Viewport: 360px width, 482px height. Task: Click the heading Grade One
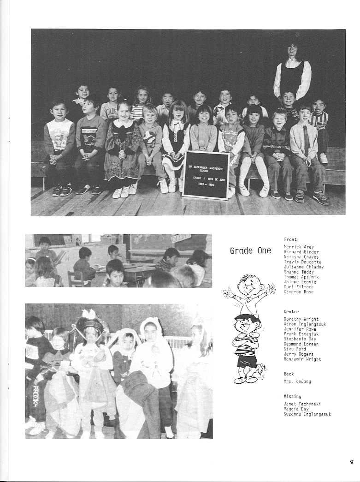point(250,251)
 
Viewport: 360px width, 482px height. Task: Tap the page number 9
point(351,461)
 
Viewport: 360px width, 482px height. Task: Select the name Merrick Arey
point(299,247)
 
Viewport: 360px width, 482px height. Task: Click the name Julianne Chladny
point(303,267)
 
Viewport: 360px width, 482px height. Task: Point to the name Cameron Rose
point(298,292)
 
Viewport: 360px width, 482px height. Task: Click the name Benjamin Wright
point(302,359)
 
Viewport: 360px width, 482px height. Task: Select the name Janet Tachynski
point(302,404)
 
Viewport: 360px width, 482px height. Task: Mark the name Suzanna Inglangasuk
point(307,414)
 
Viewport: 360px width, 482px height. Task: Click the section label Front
point(290,239)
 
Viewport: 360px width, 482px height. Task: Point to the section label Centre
point(291,312)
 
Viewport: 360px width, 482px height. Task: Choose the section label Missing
point(292,396)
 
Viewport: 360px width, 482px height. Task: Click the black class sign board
point(206,175)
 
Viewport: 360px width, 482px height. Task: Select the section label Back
point(289,374)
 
